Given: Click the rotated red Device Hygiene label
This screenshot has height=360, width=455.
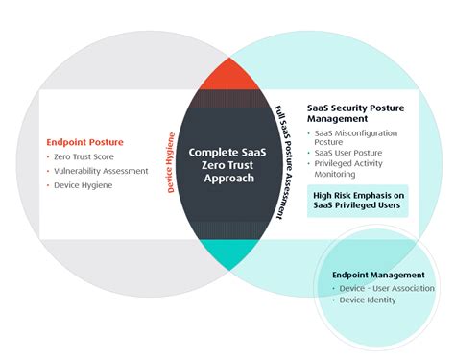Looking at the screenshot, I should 172,163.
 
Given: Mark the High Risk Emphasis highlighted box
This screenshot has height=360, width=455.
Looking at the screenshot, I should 358,200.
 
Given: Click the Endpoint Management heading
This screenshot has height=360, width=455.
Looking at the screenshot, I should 377,276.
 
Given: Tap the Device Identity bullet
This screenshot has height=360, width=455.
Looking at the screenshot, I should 369,300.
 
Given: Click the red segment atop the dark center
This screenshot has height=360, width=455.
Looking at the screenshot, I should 227,73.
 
